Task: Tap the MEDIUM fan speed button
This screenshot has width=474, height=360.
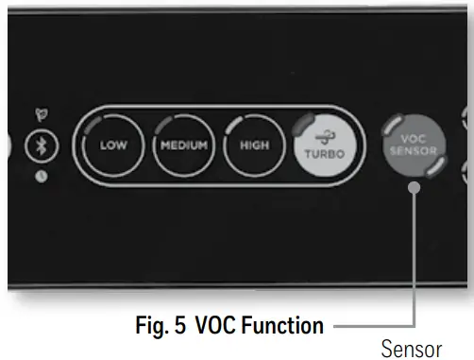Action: (183, 146)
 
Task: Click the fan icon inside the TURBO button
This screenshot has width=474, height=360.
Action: (323, 135)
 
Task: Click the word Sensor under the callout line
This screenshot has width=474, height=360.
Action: (411, 349)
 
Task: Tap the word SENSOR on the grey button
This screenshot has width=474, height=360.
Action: (413, 149)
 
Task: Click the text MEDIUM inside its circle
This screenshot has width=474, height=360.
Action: (183, 146)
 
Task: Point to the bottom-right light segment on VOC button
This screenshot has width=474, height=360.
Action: (436, 167)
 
